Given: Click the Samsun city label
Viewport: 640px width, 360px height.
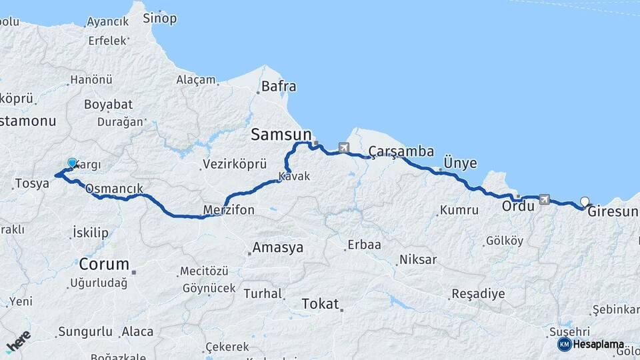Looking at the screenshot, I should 281,135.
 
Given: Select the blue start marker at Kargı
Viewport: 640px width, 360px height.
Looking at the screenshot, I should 72,162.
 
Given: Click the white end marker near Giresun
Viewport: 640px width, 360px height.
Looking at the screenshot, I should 585,201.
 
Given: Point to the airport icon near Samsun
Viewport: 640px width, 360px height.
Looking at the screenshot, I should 343,147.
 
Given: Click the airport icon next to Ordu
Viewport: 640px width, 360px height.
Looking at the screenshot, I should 545,199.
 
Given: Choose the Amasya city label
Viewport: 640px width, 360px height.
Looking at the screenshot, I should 277,248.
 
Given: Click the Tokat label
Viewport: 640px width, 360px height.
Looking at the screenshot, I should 321,303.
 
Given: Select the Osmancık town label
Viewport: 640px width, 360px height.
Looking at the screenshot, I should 114,189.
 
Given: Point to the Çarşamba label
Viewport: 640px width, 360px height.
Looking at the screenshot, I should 401,151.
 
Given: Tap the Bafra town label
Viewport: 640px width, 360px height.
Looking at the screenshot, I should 279,86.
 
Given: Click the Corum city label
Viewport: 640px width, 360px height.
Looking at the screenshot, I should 103,263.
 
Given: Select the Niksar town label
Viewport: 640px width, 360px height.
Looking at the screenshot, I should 417,259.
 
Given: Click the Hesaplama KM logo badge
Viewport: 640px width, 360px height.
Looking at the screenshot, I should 564,344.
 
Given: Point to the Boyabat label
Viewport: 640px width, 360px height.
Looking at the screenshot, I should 108,105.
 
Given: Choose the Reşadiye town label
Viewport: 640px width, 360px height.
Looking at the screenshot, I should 478,293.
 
